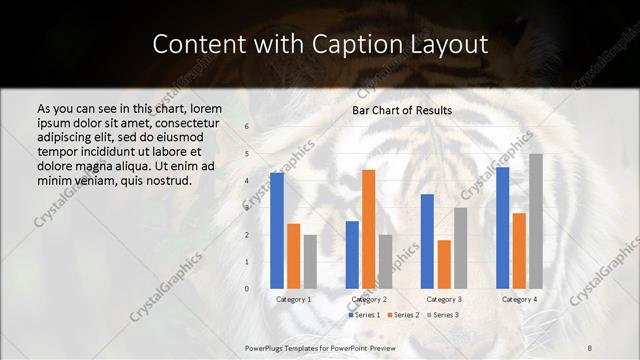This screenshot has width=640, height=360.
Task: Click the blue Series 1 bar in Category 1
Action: [x=277, y=231]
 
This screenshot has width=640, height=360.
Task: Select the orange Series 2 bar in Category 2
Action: [x=369, y=229]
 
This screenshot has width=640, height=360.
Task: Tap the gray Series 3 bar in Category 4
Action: [x=537, y=221]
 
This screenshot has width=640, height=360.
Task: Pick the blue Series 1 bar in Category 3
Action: [x=427, y=241]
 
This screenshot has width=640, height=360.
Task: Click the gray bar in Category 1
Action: [x=310, y=262]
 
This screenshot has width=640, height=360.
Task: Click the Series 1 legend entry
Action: [x=364, y=315]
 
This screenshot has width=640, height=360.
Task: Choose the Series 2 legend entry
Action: [x=403, y=315]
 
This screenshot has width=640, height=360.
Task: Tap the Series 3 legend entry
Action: [x=442, y=315]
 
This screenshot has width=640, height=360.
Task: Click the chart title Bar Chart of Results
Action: [x=402, y=110]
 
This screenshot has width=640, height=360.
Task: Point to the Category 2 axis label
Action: [x=369, y=299]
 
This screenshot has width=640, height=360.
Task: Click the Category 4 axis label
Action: [x=519, y=299]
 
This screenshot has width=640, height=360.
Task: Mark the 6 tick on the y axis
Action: [x=247, y=127]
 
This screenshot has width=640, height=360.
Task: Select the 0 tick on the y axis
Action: [x=247, y=289]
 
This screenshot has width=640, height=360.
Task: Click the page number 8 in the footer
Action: [x=589, y=346]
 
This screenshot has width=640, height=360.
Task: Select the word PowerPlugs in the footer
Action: [x=267, y=346]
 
